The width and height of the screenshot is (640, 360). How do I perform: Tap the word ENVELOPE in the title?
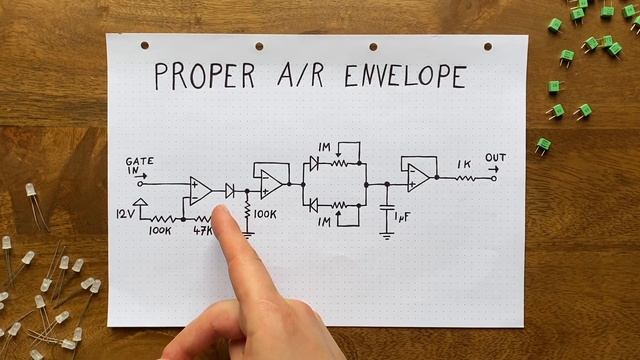coord(404,76)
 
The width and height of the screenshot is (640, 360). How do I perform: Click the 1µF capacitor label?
coord(402,217)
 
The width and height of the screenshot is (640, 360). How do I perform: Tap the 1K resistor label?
coord(464,164)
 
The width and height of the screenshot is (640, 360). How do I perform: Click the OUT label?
coord(495,158)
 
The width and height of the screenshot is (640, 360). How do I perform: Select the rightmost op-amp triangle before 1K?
coord(417,178)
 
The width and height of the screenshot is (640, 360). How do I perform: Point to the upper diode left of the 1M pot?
coord(314,163)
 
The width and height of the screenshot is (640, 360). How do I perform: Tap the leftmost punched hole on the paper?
coord(145,45)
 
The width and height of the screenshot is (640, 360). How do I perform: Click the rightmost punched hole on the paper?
coord(489,46)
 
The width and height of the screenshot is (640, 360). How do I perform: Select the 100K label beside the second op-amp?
coord(265,214)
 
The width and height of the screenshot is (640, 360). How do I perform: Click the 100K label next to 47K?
coord(159,231)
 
